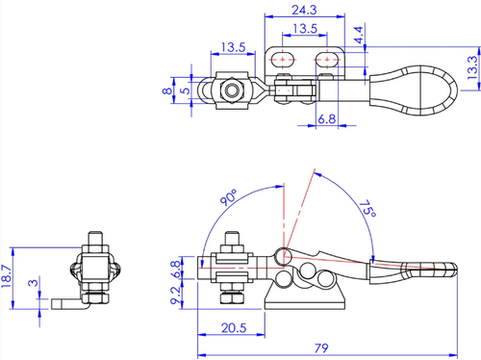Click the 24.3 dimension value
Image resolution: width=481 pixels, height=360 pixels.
pyautogui.click(x=304, y=10)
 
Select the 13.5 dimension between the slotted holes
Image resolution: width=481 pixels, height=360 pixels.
pyautogui.click(x=305, y=29)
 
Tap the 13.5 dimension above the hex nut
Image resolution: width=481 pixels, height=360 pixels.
pyautogui.click(x=233, y=47)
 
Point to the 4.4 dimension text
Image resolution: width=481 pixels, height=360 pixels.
pyautogui.click(x=359, y=35)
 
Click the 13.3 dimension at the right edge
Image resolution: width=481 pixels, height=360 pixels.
pyautogui.click(x=472, y=67)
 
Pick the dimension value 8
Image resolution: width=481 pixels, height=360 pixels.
pyautogui.click(x=167, y=91)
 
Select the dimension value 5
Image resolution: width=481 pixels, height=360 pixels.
pyautogui.click(x=185, y=90)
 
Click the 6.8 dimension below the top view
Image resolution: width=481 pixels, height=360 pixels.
pyautogui.click(x=327, y=119)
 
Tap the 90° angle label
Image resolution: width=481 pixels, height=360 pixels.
pyautogui.click(x=229, y=197)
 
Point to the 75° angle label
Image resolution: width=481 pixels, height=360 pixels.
pyautogui.click(x=367, y=209)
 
